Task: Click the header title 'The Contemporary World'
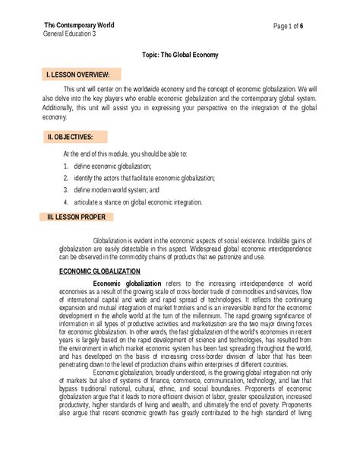point(78,25)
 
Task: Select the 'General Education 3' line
point(69,34)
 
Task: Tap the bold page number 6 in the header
point(302,26)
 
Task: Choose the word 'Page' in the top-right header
point(280,26)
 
